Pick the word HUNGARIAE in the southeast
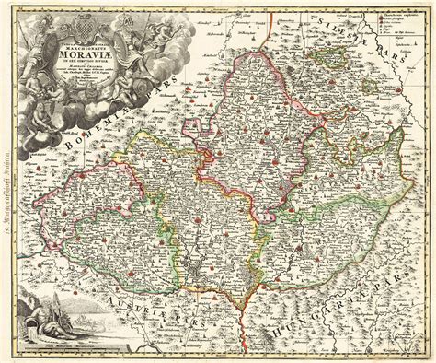[x=304, y=277]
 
